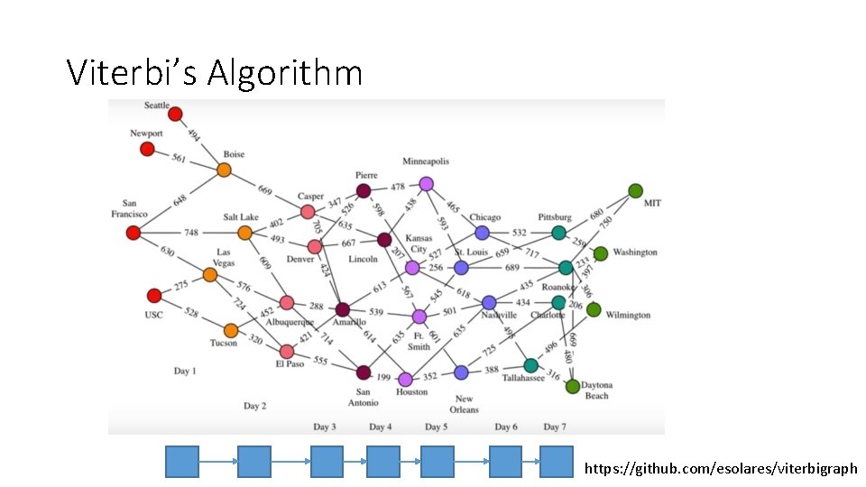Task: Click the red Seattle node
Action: [x=175, y=115]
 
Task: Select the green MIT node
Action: [x=635, y=190]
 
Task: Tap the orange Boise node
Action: [x=224, y=170]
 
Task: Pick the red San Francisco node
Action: [x=134, y=233]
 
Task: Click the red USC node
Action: [x=154, y=296]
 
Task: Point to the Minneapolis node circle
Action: [x=427, y=184]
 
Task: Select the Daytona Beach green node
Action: [x=572, y=386]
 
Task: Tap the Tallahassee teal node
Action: [x=530, y=365]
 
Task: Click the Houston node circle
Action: [x=405, y=379]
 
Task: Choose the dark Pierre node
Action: [x=363, y=190]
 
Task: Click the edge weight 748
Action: [x=191, y=233]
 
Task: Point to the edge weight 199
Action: [x=384, y=377]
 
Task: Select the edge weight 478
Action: [x=397, y=188]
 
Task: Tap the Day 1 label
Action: [x=185, y=371]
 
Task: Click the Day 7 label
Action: [x=555, y=427]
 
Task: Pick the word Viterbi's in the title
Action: [x=134, y=72]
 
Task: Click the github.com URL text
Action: [x=721, y=468]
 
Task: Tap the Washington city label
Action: [x=635, y=253]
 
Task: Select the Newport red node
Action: [x=147, y=149]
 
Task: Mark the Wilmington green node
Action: [x=594, y=309]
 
